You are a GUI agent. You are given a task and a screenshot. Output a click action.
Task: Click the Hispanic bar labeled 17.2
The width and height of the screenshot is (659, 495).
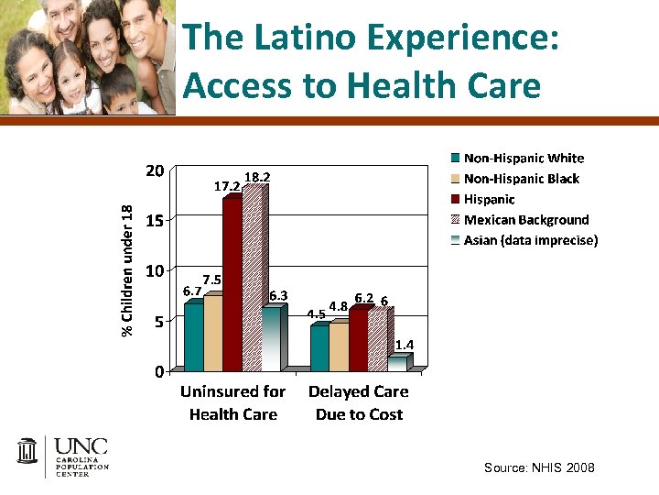tap(232, 284)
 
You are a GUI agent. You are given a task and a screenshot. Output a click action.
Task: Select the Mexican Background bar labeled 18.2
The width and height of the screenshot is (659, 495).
tap(254, 279)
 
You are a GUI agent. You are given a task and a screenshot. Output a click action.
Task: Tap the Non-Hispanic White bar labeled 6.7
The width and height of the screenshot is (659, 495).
tap(194, 336)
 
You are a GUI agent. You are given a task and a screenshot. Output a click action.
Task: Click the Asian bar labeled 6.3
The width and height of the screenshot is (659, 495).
tap(272, 338)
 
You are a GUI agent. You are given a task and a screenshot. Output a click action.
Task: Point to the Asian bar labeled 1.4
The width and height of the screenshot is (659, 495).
tap(397, 363)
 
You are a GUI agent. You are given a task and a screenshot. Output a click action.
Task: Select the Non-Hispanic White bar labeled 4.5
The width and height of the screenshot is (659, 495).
tap(319, 347)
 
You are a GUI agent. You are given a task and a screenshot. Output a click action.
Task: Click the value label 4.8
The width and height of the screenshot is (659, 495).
tap(337, 306)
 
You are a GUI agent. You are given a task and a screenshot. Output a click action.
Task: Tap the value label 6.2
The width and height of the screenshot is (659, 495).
tap(363, 298)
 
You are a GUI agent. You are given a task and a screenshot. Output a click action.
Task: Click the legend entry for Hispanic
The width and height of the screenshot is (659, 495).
tap(489, 199)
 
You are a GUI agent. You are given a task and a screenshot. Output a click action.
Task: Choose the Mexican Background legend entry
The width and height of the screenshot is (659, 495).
tap(525, 220)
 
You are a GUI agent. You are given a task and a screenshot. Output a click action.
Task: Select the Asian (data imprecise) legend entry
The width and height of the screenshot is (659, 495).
tap(530, 241)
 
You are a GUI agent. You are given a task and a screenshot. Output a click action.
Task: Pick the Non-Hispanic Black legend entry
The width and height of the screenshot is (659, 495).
tap(521, 179)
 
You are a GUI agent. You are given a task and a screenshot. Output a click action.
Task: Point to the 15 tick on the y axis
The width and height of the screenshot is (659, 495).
tap(155, 221)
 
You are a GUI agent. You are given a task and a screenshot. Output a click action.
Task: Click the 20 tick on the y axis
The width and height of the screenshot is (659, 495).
tap(155, 171)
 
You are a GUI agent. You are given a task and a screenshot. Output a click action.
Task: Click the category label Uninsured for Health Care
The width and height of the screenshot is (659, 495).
tap(232, 402)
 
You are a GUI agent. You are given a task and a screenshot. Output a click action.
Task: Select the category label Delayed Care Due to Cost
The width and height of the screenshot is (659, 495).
tap(359, 402)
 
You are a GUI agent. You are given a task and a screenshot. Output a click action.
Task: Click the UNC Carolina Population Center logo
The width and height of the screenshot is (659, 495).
tap(63, 456)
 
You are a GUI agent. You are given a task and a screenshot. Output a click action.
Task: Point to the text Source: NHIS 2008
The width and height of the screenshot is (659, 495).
tap(539, 467)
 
